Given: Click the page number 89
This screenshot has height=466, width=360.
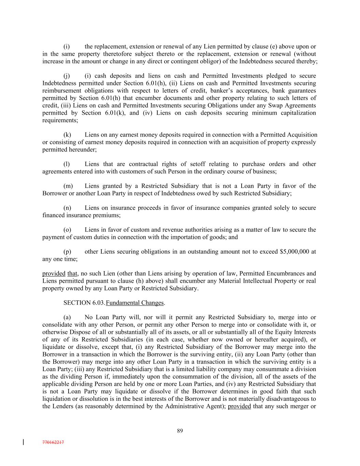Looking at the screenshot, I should (x=180, y=430).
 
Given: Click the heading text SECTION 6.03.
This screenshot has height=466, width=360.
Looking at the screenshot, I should (x=84, y=303).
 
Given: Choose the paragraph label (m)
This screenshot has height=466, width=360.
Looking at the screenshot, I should (x=68, y=186).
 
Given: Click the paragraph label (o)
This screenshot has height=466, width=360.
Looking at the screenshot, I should (x=67, y=230).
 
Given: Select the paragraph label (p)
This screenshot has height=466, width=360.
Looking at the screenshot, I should (x=67, y=252).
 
